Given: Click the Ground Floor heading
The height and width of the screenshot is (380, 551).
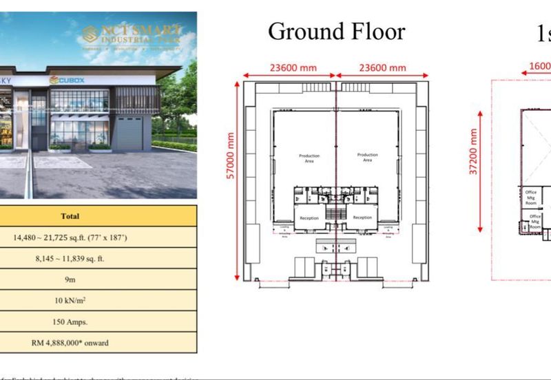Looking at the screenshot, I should pyautogui.click(x=336, y=31).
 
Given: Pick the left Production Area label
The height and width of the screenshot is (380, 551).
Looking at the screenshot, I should pyautogui.click(x=309, y=158).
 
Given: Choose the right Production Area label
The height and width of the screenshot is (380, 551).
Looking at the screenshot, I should pyautogui.click(x=367, y=158).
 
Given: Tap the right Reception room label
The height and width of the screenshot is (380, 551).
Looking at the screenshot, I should pyautogui.click(x=362, y=218).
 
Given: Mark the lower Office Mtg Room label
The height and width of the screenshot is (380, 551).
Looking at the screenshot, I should pyautogui.click(x=535, y=220).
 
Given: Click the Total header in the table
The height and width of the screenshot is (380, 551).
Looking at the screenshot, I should pyautogui.click(x=70, y=216).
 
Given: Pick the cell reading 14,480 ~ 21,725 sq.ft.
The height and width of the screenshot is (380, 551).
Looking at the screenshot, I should pyautogui.click(x=70, y=237).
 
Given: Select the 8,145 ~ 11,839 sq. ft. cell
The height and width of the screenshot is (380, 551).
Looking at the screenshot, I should pyautogui.click(x=70, y=259).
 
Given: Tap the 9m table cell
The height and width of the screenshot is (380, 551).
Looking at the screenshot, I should pyautogui.click(x=70, y=279).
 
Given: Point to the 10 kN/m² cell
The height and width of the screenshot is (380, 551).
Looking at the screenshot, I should pyautogui.click(x=70, y=301).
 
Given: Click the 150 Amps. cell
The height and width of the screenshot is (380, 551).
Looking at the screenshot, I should pyautogui.click(x=70, y=321).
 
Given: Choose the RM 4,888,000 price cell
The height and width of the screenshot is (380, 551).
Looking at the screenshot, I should pyautogui.click(x=70, y=342).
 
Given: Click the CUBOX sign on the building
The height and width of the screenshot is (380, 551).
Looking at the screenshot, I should pyautogui.click(x=67, y=81).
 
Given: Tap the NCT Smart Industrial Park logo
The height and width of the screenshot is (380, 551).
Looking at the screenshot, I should pyautogui.click(x=131, y=33).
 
